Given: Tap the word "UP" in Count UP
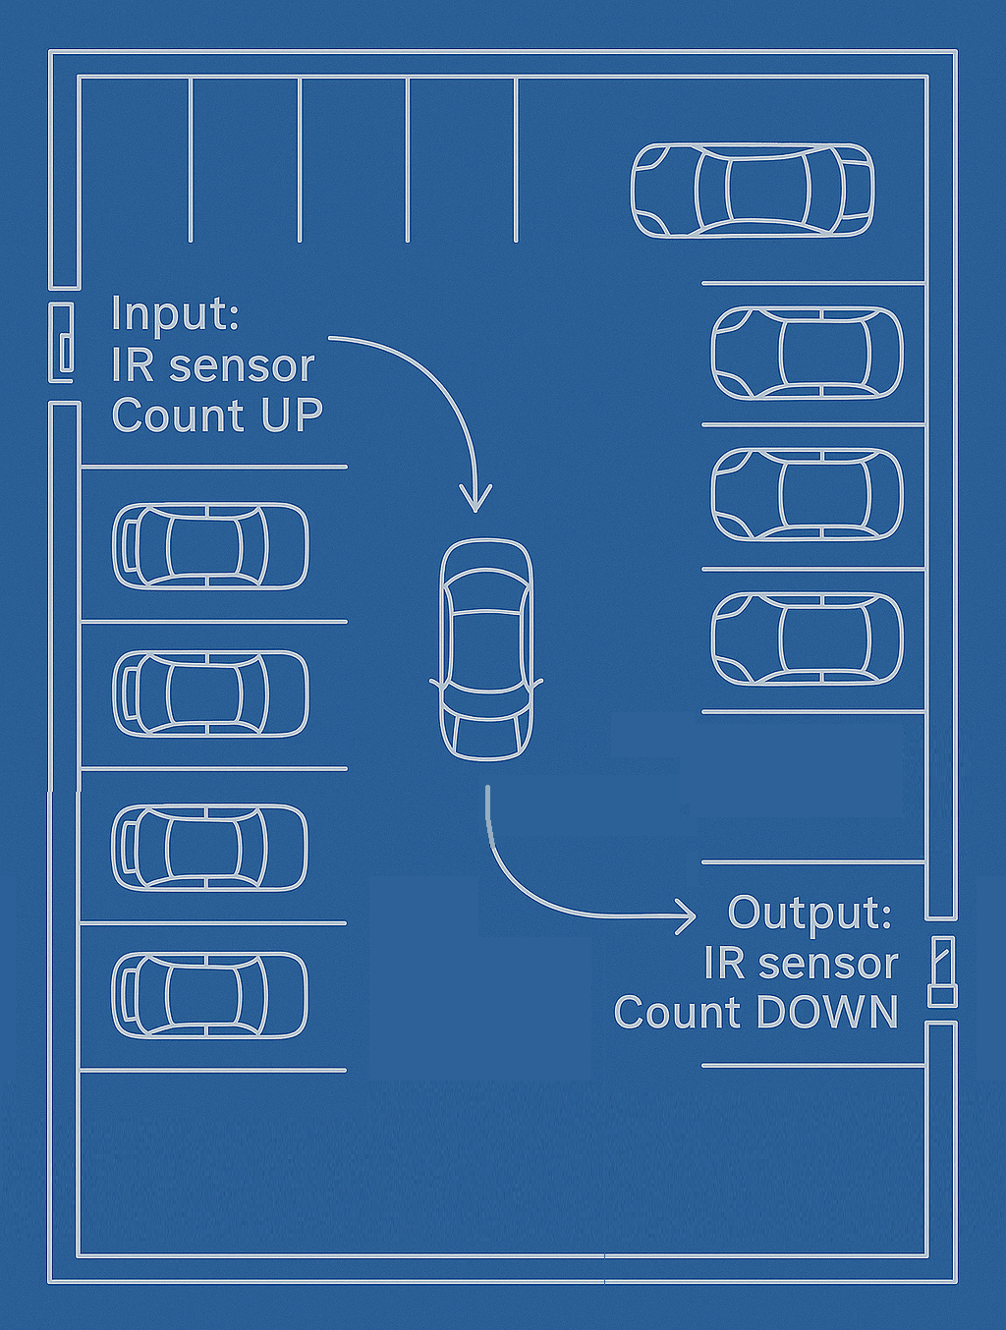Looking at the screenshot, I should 292,416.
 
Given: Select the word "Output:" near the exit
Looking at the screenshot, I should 810,913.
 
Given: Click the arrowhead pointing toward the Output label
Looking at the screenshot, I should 687,915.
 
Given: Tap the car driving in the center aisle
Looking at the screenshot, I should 486,649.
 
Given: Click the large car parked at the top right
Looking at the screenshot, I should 752,191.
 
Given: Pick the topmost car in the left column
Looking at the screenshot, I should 210,546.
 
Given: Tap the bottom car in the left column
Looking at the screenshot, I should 209,995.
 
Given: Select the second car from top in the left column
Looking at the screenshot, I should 210,693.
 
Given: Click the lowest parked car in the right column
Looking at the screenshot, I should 807,638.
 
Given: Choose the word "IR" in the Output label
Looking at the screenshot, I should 724,964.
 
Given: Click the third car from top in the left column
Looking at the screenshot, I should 209,847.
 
